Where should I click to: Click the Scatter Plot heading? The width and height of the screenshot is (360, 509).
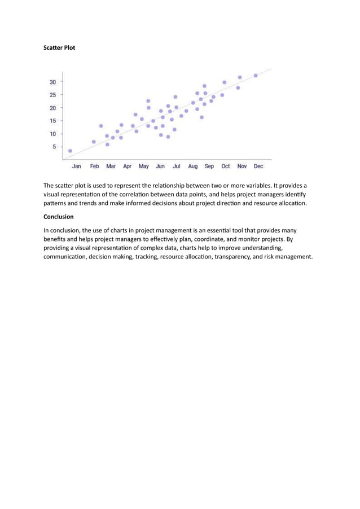pos(59,48)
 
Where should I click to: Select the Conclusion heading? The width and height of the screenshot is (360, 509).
pos(58,216)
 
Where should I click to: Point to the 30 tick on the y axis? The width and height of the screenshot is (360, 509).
pos(52,82)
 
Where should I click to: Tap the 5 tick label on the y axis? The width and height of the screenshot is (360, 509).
pos(54,147)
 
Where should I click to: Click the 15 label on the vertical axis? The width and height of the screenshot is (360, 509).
pos(52,121)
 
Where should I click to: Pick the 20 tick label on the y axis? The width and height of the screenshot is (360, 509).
pos(52,108)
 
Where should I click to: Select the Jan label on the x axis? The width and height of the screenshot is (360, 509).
pos(76,166)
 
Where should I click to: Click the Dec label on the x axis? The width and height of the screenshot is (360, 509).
pos(258,166)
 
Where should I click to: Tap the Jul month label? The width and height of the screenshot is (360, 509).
pos(177,166)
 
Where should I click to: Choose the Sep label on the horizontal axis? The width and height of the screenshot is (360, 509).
pos(209,166)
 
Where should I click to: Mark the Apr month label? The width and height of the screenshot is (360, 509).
pos(128,166)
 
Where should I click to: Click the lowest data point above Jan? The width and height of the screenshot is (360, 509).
pos(70,151)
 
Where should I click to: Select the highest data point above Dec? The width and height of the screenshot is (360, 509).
pos(256,75)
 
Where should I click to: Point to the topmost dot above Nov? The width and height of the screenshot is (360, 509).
pos(240,77)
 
